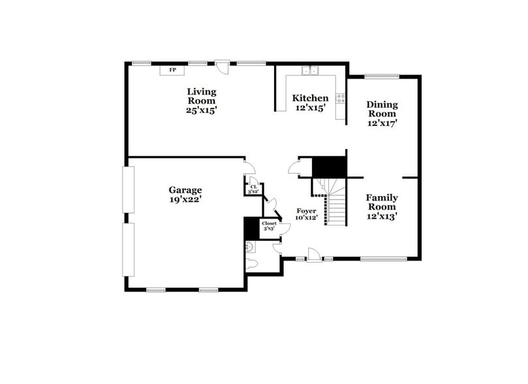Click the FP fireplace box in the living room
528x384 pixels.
[x=173, y=70]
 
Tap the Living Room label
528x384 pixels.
[x=202, y=96]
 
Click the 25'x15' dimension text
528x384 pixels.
[x=202, y=110]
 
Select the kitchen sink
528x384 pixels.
[x=309, y=71]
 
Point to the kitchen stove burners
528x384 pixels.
[x=340, y=99]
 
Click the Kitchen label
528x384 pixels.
[x=310, y=98]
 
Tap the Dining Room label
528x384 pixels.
[x=382, y=108]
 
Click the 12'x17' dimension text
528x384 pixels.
[x=382, y=122]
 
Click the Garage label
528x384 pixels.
[x=187, y=190]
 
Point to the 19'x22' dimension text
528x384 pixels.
[x=187, y=200]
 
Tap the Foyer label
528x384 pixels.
[x=306, y=211]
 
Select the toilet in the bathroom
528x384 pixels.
[x=252, y=263]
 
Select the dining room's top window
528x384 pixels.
[x=378, y=76]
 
